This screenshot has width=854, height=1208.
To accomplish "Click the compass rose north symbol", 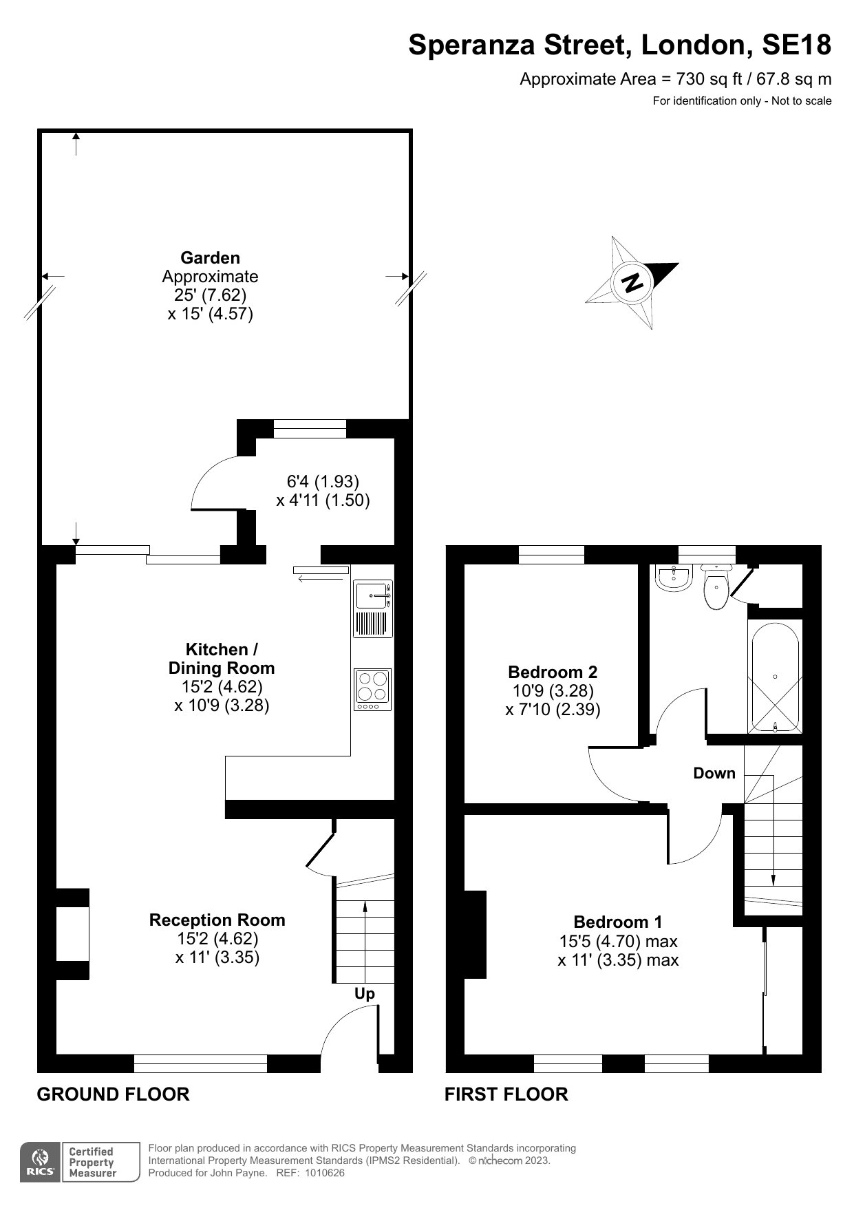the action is click(x=632, y=282).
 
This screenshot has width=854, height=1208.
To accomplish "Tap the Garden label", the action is click(x=210, y=258).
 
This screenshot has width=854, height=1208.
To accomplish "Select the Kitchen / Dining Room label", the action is click(x=222, y=659).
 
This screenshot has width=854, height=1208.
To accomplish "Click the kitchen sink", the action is click(x=372, y=608).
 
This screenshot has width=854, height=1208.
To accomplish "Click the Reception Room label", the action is click(x=217, y=920).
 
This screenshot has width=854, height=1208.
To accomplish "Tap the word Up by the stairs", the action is click(x=365, y=994).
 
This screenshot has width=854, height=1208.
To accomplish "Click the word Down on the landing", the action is click(x=714, y=773).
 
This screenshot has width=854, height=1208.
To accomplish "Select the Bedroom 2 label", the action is click(x=553, y=672).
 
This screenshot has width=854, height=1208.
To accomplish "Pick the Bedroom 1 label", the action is click(x=618, y=922).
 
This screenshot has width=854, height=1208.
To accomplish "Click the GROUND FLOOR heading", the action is click(x=113, y=1094).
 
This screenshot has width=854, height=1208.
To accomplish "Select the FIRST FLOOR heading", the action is click(x=506, y=1094).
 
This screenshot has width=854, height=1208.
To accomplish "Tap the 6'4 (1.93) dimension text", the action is click(x=323, y=481).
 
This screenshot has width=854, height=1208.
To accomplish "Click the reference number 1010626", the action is click(x=322, y=1173).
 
